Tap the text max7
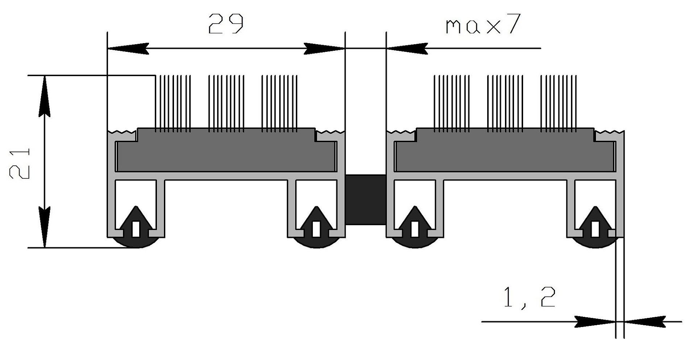(483, 24)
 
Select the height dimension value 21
(19, 163)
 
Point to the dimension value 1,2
(530, 297)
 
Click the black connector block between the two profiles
(365, 200)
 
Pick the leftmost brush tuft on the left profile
(173, 103)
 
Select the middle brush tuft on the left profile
(226, 103)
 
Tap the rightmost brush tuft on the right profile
(559, 103)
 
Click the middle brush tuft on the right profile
(505, 103)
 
